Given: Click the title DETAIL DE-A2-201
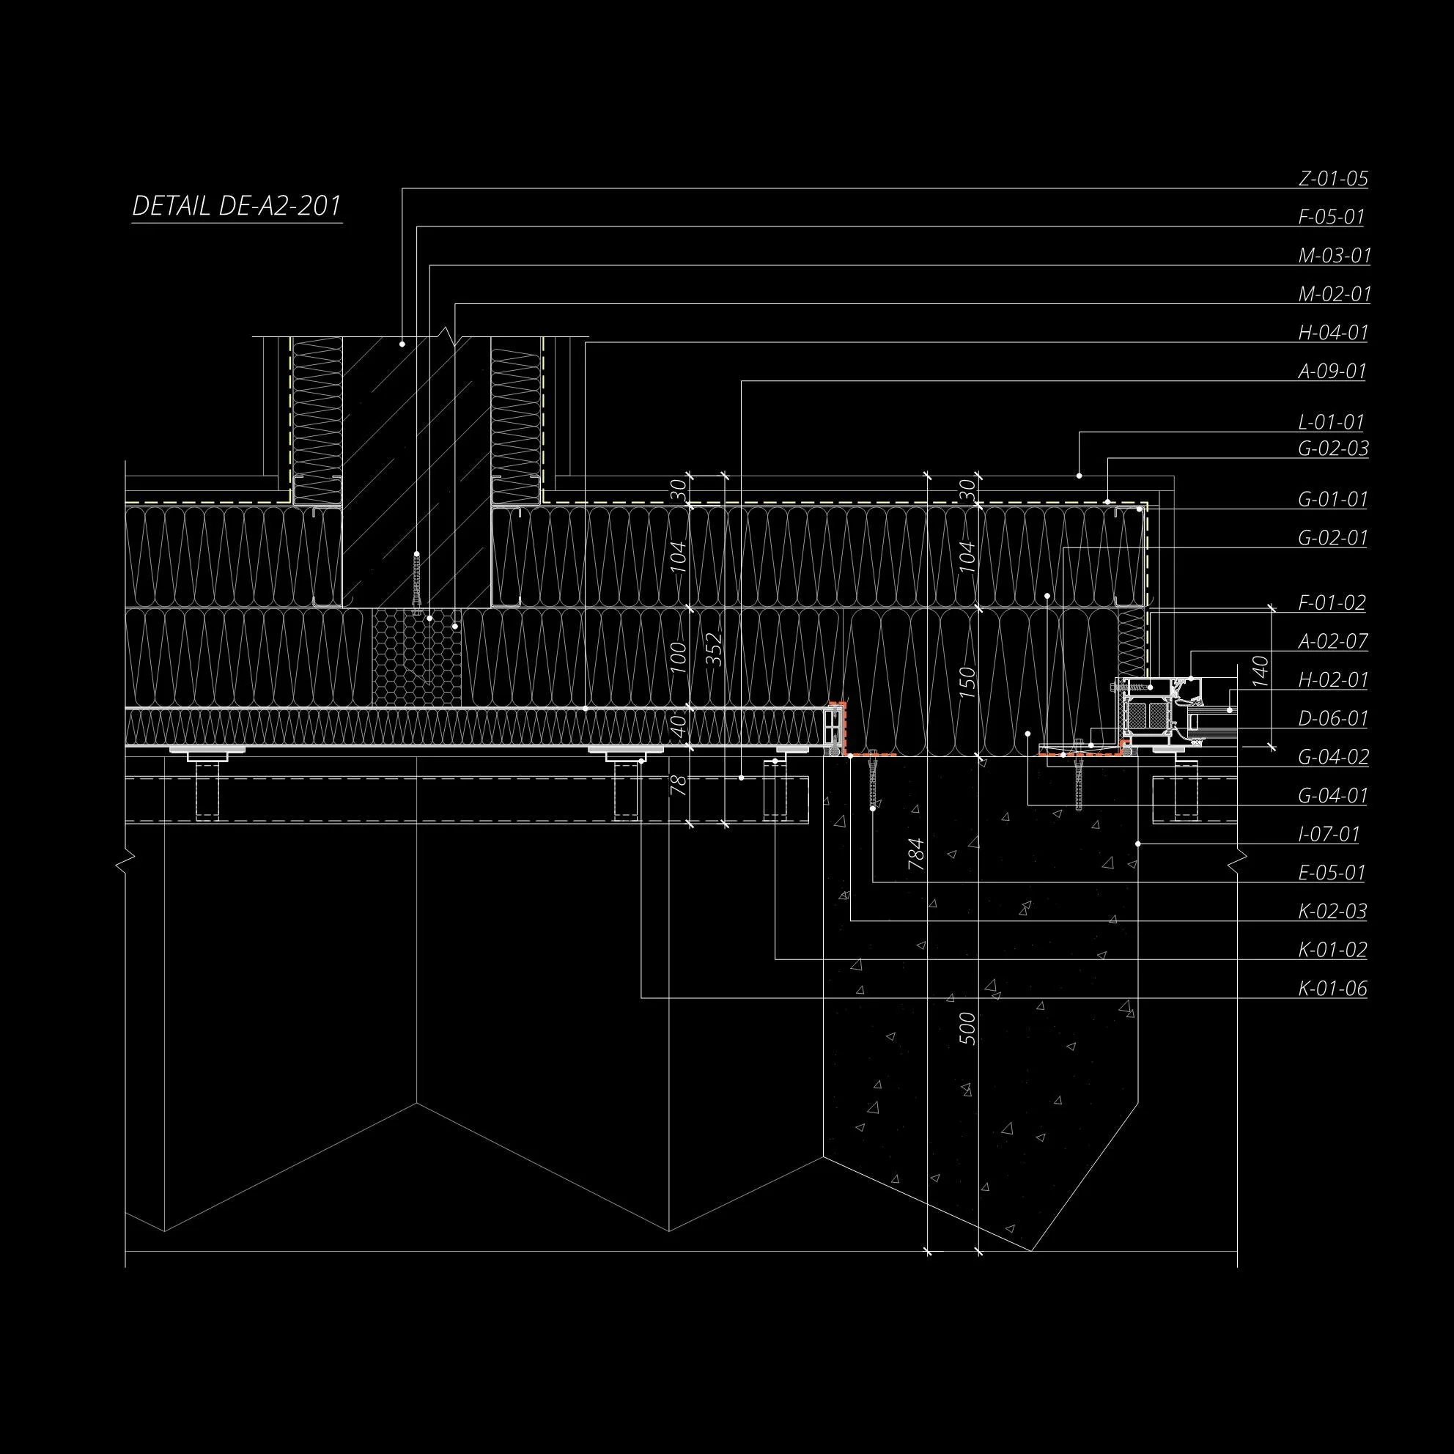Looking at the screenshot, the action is click(x=236, y=206).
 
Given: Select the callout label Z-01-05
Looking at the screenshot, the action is click(x=1333, y=179).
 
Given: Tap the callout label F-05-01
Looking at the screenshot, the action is click(x=1332, y=218).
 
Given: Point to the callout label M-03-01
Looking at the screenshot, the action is click(x=1335, y=256).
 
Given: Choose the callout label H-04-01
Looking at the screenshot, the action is click(x=1333, y=333).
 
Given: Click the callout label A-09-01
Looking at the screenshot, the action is click(x=1332, y=372).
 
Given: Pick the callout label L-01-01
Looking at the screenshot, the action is click(x=1331, y=422).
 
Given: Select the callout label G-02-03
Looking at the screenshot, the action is click(x=1333, y=449).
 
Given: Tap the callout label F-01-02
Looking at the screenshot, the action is click(x=1332, y=603).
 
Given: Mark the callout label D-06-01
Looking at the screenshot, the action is click(x=1333, y=719).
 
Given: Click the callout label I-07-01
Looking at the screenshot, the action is click(x=1329, y=835).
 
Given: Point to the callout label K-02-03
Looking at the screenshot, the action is click(x=1332, y=912).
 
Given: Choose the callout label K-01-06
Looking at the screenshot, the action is click(x=1332, y=989).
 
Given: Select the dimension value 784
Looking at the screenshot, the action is click(x=916, y=855).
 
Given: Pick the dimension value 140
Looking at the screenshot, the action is click(x=1261, y=671).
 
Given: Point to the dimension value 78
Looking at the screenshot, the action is click(x=679, y=786).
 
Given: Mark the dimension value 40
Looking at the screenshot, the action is click(x=679, y=726).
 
